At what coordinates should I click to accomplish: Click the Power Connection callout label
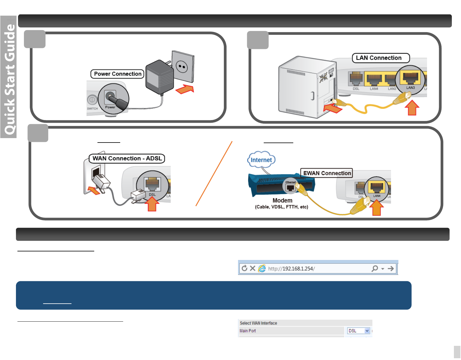coord(118,74)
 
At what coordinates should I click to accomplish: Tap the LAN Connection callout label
coord(380,58)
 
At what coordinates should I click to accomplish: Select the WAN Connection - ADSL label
coord(127,158)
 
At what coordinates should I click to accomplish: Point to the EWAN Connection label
coord(327,173)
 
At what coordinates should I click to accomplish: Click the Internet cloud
coord(261,160)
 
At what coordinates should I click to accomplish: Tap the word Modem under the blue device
coord(282,201)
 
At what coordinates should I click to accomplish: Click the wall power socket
coord(183,66)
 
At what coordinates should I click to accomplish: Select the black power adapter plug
coord(159,77)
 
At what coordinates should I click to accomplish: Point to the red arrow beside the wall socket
coord(185,89)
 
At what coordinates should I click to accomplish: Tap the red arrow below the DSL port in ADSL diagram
coord(152,204)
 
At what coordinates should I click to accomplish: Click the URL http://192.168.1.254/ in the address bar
coord(291,269)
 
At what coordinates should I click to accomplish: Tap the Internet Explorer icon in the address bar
coord(262,268)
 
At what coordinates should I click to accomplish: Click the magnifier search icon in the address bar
coord(374,268)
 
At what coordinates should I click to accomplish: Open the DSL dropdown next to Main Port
coord(367,331)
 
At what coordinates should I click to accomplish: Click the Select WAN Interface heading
coord(258,323)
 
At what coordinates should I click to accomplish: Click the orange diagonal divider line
coord(214,174)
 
